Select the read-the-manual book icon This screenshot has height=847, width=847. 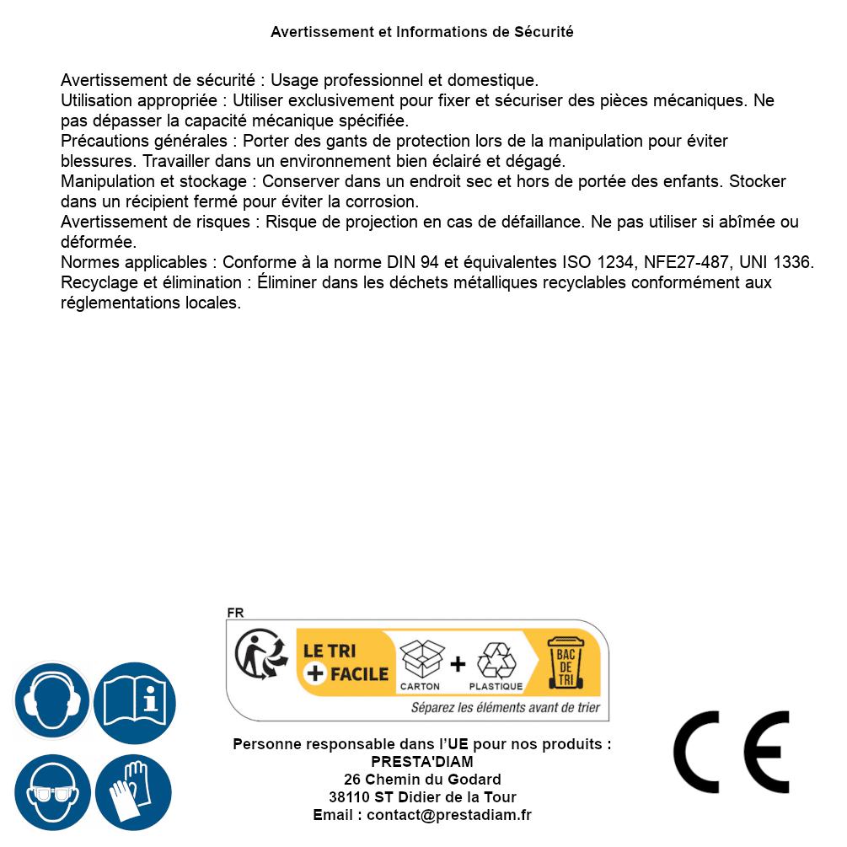(x=135, y=701)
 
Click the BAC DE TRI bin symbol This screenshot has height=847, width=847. (x=565, y=662)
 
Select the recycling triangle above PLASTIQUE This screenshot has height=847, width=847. (x=496, y=661)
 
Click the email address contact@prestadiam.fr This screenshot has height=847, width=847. (x=449, y=815)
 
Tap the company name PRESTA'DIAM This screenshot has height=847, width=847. (x=422, y=762)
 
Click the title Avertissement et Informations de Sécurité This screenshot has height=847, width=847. (x=422, y=32)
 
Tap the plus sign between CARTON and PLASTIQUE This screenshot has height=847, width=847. (x=458, y=664)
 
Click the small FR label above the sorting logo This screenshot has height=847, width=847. (x=235, y=613)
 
